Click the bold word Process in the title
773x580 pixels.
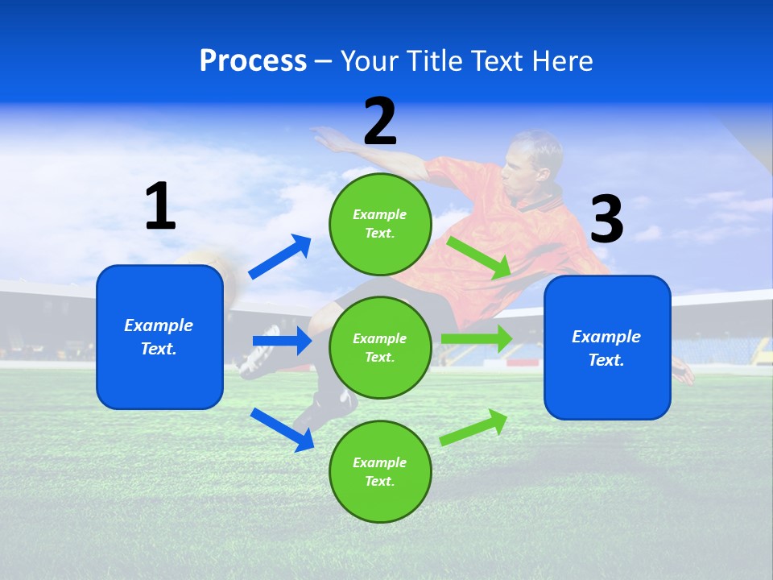pyautogui.click(x=253, y=61)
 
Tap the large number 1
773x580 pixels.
pyautogui.click(x=160, y=207)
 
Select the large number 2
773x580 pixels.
pyautogui.click(x=380, y=122)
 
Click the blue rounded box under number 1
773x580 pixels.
pyautogui.click(x=159, y=337)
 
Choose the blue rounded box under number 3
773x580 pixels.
pyautogui.click(x=607, y=348)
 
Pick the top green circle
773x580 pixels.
pyautogui.click(x=380, y=224)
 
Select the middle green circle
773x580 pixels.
pyautogui.click(x=380, y=347)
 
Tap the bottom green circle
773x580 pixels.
pyautogui.click(x=380, y=471)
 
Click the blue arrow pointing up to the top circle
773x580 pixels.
pyautogui.click(x=280, y=257)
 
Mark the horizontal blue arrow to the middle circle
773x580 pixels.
pyautogui.click(x=282, y=341)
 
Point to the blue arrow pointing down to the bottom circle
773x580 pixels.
pyautogui.click(x=282, y=429)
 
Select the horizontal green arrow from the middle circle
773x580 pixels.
pyautogui.click(x=477, y=338)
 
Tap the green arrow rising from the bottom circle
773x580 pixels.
pyautogui.click(x=474, y=426)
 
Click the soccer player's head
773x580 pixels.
pyautogui.click(x=533, y=161)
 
